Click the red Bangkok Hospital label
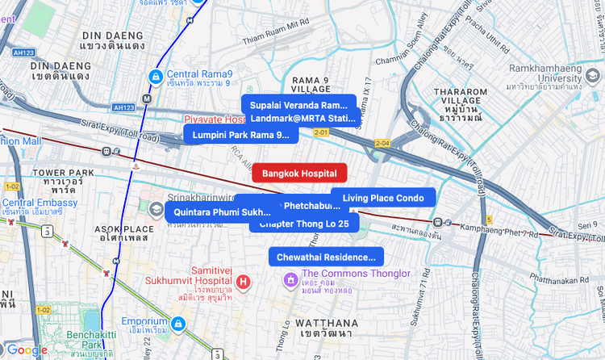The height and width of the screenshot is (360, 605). [299, 173]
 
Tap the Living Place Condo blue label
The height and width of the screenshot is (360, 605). [383, 198]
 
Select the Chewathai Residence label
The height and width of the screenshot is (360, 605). [326, 257]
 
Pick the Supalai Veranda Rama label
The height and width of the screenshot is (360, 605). [298, 105]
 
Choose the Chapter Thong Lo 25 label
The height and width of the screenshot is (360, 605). [304, 224]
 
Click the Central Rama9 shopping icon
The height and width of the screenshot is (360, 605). [154, 76]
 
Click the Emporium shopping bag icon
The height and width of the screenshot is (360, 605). [177, 324]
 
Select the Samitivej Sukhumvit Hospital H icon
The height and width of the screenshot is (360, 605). [244, 282]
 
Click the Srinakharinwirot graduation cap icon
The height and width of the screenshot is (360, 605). [155, 209]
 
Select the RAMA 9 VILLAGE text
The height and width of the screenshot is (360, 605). [315, 86]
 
